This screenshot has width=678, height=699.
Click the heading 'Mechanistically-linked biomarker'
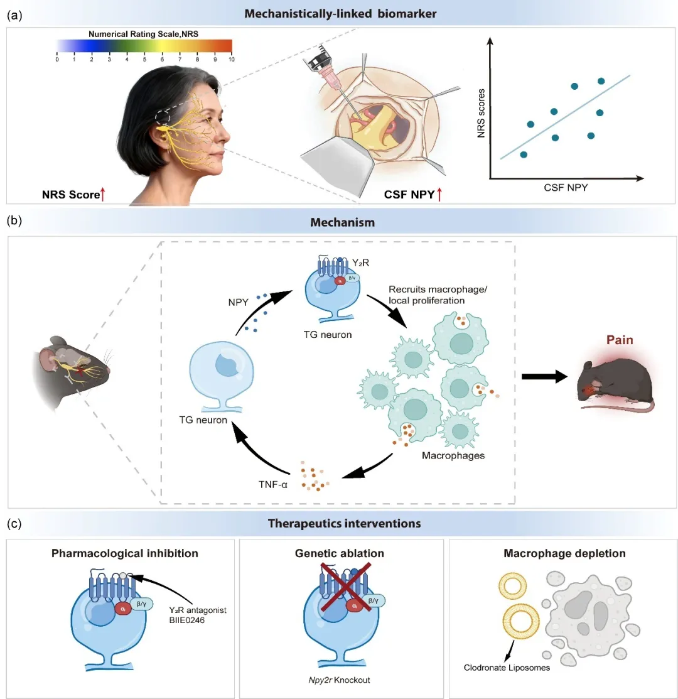(x=340, y=14)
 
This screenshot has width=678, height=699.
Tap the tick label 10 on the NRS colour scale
(x=232, y=59)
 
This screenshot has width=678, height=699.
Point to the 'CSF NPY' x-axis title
(x=566, y=188)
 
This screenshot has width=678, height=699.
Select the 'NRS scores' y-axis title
(x=481, y=113)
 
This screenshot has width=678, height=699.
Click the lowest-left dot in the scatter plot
(x=524, y=154)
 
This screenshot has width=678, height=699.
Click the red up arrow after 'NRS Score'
(x=102, y=194)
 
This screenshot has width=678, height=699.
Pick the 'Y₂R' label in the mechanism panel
(x=360, y=263)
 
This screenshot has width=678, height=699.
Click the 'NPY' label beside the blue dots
(x=239, y=302)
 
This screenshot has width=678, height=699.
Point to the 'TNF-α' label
(x=273, y=484)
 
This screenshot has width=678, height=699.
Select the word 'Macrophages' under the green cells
(x=453, y=455)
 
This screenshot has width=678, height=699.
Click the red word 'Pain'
(x=620, y=340)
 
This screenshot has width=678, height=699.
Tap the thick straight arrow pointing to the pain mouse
(x=544, y=377)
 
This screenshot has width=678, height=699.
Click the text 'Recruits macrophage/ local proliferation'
(x=438, y=295)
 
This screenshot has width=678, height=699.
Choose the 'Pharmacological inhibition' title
(x=125, y=553)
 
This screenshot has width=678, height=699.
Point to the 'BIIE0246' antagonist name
(x=186, y=620)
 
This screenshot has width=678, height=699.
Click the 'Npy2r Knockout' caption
(x=340, y=680)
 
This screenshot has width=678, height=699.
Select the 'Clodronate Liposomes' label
(x=507, y=668)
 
